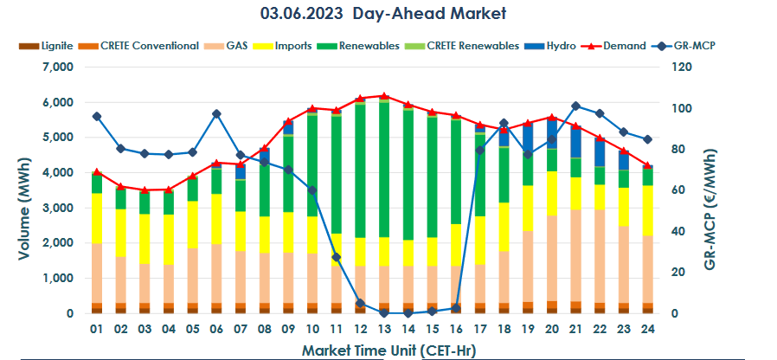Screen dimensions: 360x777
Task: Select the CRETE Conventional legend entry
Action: click(x=143, y=45)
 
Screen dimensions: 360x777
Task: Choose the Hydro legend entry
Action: click(x=555, y=45)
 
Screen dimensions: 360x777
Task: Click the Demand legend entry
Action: click(x=618, y=45)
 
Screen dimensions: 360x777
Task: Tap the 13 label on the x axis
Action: click(x=383, y=329)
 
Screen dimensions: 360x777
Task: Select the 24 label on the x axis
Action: click(x=646, y=329)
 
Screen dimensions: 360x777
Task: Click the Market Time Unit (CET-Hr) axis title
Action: click(x=388, y=350)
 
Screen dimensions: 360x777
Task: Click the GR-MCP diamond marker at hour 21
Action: click(x=575, y=106)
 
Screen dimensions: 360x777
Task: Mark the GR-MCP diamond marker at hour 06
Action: click(x=216, y=113)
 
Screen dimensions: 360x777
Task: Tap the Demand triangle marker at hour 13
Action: click(x=383, y=96)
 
